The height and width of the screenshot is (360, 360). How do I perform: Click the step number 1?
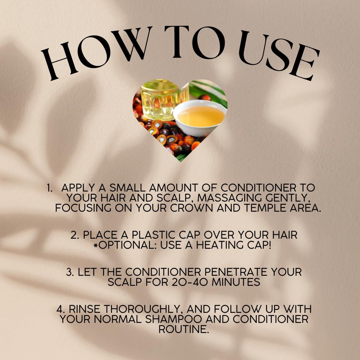(50, 188)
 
